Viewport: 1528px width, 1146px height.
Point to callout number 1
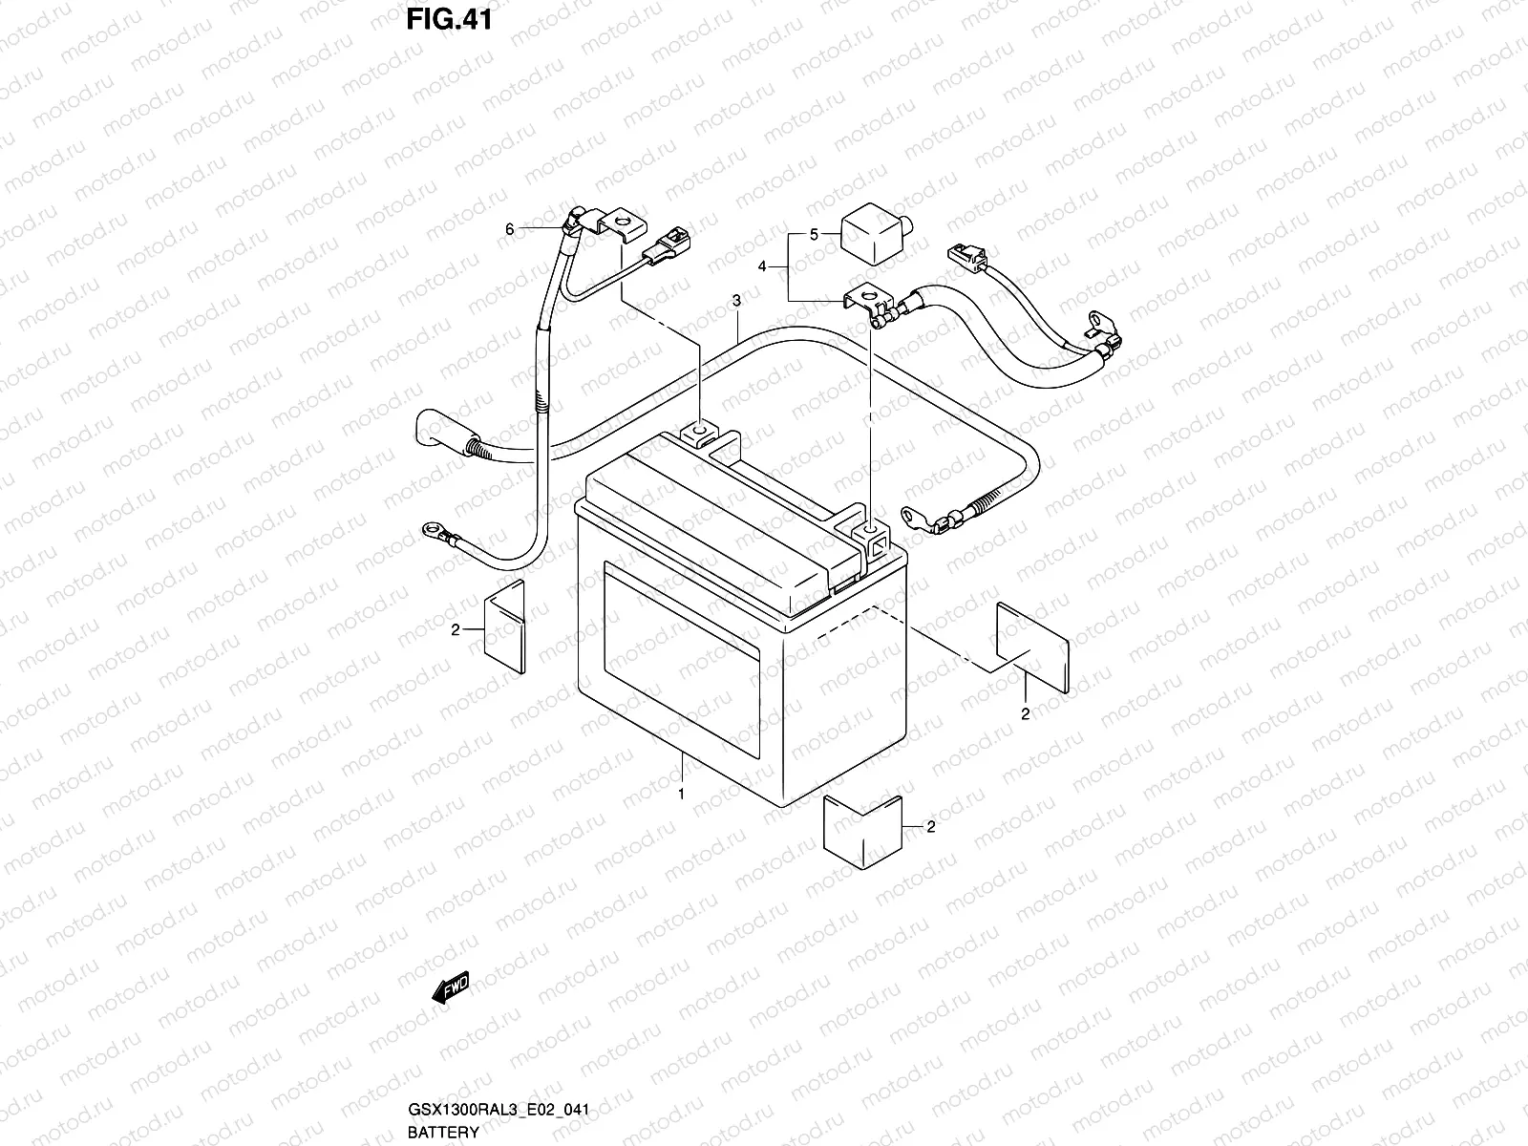point(681,794)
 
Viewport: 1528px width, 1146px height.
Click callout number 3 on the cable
point(737,302)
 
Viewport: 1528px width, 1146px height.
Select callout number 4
point(762,266)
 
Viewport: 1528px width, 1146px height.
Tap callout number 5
point(815,234)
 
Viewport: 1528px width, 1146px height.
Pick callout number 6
point(510,229)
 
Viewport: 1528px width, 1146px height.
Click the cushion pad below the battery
point(863,822)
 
